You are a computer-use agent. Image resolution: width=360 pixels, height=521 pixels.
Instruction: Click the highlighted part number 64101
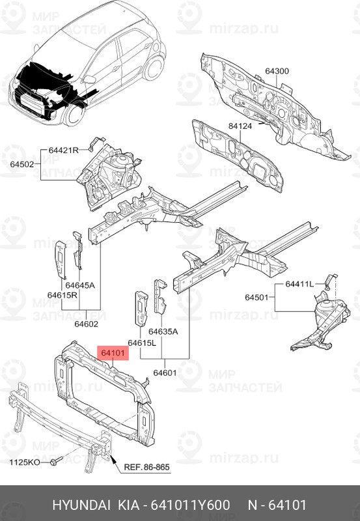[113, 354]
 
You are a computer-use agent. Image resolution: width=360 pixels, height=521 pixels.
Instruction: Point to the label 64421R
[63, 150]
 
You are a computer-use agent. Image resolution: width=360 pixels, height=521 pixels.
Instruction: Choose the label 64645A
[79, 285]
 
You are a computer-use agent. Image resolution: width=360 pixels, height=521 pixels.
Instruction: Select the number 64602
[86, 323]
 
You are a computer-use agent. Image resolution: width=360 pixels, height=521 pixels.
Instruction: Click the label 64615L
[142, 343]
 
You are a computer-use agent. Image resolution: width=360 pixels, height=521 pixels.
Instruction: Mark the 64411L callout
[299, 285]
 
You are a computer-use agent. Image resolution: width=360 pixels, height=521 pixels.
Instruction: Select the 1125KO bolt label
[25, 462]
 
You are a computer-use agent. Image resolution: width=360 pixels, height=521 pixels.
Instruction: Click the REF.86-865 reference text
[148, 467]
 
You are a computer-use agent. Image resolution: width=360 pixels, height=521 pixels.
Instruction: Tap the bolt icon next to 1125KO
[53, 462]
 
